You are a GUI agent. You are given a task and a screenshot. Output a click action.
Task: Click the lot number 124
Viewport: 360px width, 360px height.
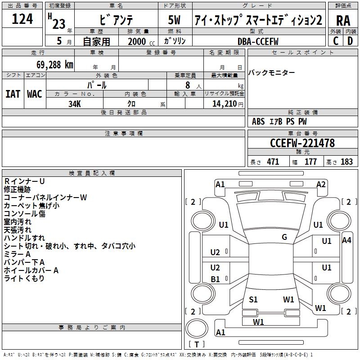22,19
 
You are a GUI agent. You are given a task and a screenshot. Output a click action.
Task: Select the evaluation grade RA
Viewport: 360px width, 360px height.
343,21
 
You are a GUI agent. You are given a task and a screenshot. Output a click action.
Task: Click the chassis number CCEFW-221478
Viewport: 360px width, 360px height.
302,143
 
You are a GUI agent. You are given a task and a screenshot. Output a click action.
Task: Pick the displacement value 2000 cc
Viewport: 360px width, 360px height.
139,41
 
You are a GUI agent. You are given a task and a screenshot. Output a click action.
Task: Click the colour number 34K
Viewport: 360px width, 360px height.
74,103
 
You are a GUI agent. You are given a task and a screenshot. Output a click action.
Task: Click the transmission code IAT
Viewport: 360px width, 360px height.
13,94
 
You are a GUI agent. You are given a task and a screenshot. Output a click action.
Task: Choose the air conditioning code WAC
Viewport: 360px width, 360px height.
34,94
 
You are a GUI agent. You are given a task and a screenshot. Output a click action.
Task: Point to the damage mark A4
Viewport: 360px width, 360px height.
346,240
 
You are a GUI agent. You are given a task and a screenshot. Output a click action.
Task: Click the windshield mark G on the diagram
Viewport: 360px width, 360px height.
284,237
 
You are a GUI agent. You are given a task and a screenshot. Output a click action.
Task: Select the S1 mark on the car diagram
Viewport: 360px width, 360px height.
253,299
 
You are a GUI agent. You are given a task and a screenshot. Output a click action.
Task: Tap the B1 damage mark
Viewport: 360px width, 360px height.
216,279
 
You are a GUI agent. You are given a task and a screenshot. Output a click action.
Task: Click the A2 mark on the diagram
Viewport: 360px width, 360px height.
321,184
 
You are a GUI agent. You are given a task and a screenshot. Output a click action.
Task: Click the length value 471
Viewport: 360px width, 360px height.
273,162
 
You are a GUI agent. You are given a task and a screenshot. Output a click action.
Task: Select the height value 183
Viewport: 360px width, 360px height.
347,162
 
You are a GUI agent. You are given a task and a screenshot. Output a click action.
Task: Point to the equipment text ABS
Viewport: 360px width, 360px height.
258,121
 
